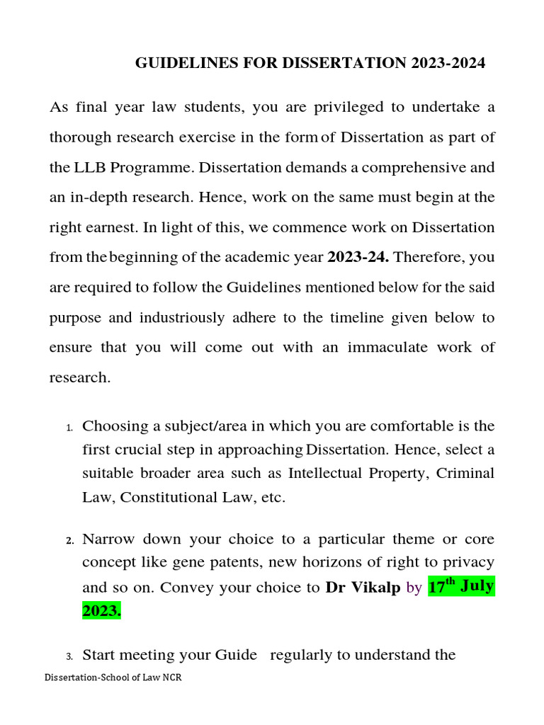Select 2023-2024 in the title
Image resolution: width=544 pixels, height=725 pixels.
click(x=448, y=63)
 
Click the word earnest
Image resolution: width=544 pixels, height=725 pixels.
click(x=114, y=227)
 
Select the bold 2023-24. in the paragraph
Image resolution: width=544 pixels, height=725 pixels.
click(x=358, y=258)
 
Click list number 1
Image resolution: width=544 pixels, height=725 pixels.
click(x=69, y=428)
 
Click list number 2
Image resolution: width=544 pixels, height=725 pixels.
click(x=69, y=540)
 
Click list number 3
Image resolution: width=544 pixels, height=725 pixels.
click(x=69, y=656)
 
